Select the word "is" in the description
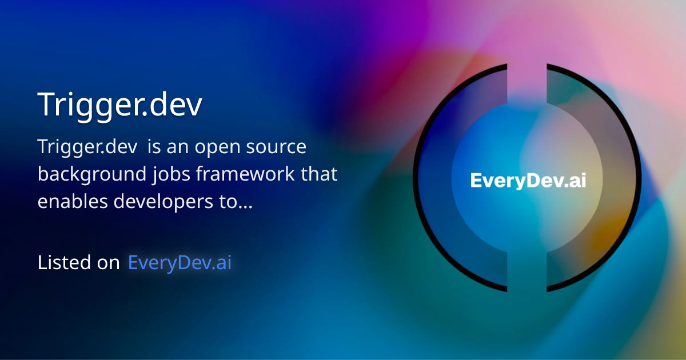pos(154,147)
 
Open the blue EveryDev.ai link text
pos(180,263)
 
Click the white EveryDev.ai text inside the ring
pos(528,181)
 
